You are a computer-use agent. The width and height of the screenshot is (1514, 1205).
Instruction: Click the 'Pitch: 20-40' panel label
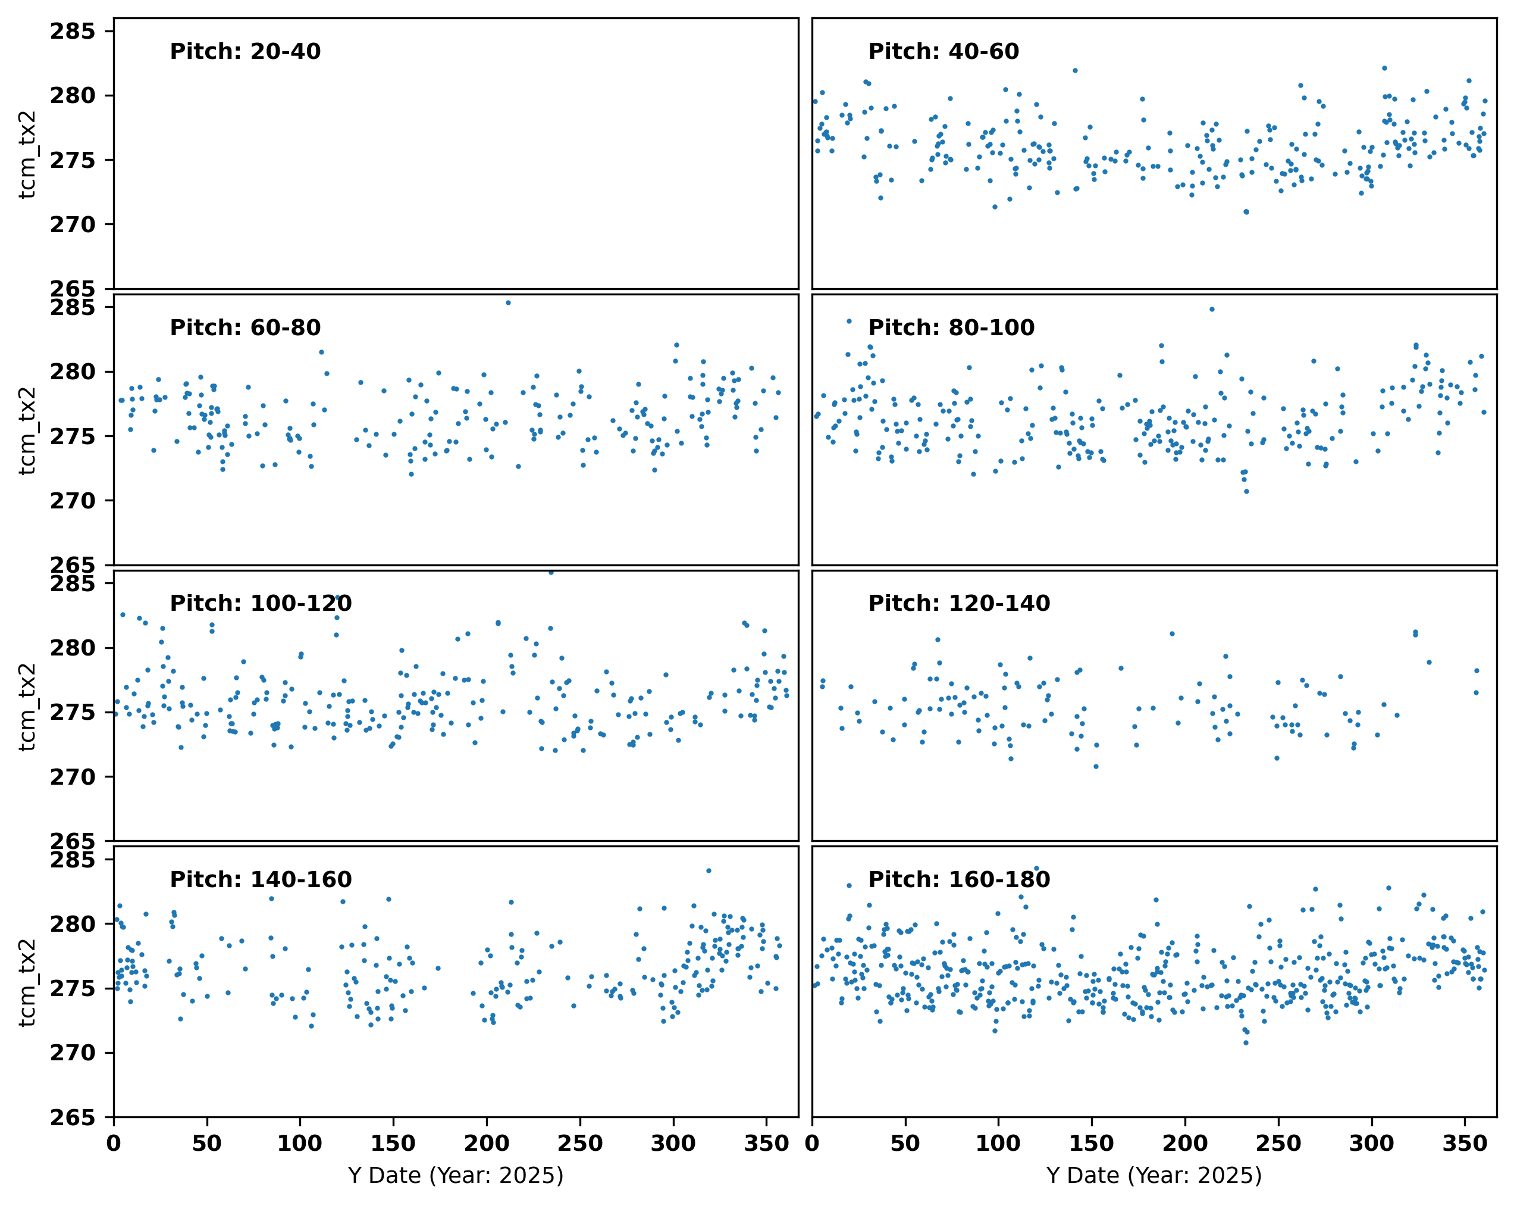245,51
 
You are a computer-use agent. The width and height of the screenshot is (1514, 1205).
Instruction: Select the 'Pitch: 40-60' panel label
943,51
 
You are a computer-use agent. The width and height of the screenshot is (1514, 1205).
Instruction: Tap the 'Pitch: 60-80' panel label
245,327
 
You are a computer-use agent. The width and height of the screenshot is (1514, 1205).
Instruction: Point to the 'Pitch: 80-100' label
951,327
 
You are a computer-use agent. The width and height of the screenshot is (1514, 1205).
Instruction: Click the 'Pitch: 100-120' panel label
261,603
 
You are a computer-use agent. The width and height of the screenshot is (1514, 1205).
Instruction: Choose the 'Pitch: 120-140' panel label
958,603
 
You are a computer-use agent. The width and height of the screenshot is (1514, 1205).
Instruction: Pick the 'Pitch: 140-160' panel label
261,879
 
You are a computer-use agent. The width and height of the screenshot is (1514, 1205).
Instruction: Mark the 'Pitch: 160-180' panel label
958,879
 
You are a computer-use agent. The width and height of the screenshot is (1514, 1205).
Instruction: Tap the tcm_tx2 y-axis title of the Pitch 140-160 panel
27,982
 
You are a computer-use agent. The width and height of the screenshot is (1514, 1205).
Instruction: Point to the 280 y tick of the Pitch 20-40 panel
73,96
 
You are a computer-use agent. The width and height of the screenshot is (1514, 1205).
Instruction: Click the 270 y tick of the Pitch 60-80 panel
73,501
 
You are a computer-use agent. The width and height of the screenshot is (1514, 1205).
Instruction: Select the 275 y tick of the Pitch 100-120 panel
73,713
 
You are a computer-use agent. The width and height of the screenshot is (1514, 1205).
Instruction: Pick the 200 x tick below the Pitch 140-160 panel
487,1144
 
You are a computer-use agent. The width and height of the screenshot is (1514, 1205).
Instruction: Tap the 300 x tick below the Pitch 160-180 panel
1371,1144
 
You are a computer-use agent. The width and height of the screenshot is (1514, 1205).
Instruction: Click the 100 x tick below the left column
300,1144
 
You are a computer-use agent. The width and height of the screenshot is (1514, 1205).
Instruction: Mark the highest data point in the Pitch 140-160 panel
709,870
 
